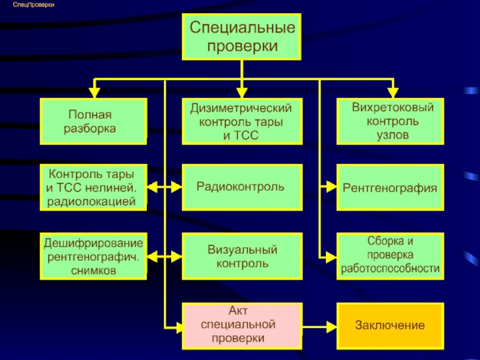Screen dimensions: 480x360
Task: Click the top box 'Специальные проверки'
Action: pyautogui.click(x=242, y=37)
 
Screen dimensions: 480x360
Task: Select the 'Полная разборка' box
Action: pyautogui.click(x=94, y=121)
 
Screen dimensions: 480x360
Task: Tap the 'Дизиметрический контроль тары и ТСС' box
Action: pyautogui.click(x=242, y=121)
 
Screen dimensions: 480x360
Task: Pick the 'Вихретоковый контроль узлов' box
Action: pyautogui.click(x=391, y=121)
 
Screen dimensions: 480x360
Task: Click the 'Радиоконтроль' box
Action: pyautogui.click(x=242, y=187)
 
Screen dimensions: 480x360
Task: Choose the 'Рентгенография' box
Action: pyautogui.click(x=391, y=187)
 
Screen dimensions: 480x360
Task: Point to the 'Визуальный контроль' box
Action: pyautogui.click(x=242, y=256)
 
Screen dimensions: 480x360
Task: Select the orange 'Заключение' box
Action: pyautogui.click(x=391, y=326)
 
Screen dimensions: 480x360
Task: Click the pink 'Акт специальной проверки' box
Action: pyautogui.click(x=242, y=326)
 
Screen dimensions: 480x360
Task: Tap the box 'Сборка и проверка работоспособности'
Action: pyautogui.click(x=391, y=256)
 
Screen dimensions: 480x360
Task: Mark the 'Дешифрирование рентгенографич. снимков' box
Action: pyautogui.click(x=94, y=256)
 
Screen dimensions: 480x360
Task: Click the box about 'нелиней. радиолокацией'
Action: pyautogui.click(x=94, y=187)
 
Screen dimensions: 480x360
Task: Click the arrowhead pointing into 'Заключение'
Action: pyautogui.click(x=332, y=327)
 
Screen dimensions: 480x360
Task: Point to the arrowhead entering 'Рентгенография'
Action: pyautogui.click(x=332, y=187)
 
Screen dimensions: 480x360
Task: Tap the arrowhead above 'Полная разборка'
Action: pyautogui.click(x=94, y=93)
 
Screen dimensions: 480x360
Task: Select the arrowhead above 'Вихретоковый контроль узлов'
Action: pyautogui.click(x=393, y=93)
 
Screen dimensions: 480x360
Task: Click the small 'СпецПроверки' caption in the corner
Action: pyautogui.click(x=34, y=5)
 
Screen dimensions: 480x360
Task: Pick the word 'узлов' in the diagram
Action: pyautogui.click(x=393, y=135)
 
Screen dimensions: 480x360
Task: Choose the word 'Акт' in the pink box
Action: pyautogui.click(x=238, y=311)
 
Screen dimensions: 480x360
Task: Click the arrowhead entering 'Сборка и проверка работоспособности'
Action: pyautogui.click(x=332, y=257)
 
